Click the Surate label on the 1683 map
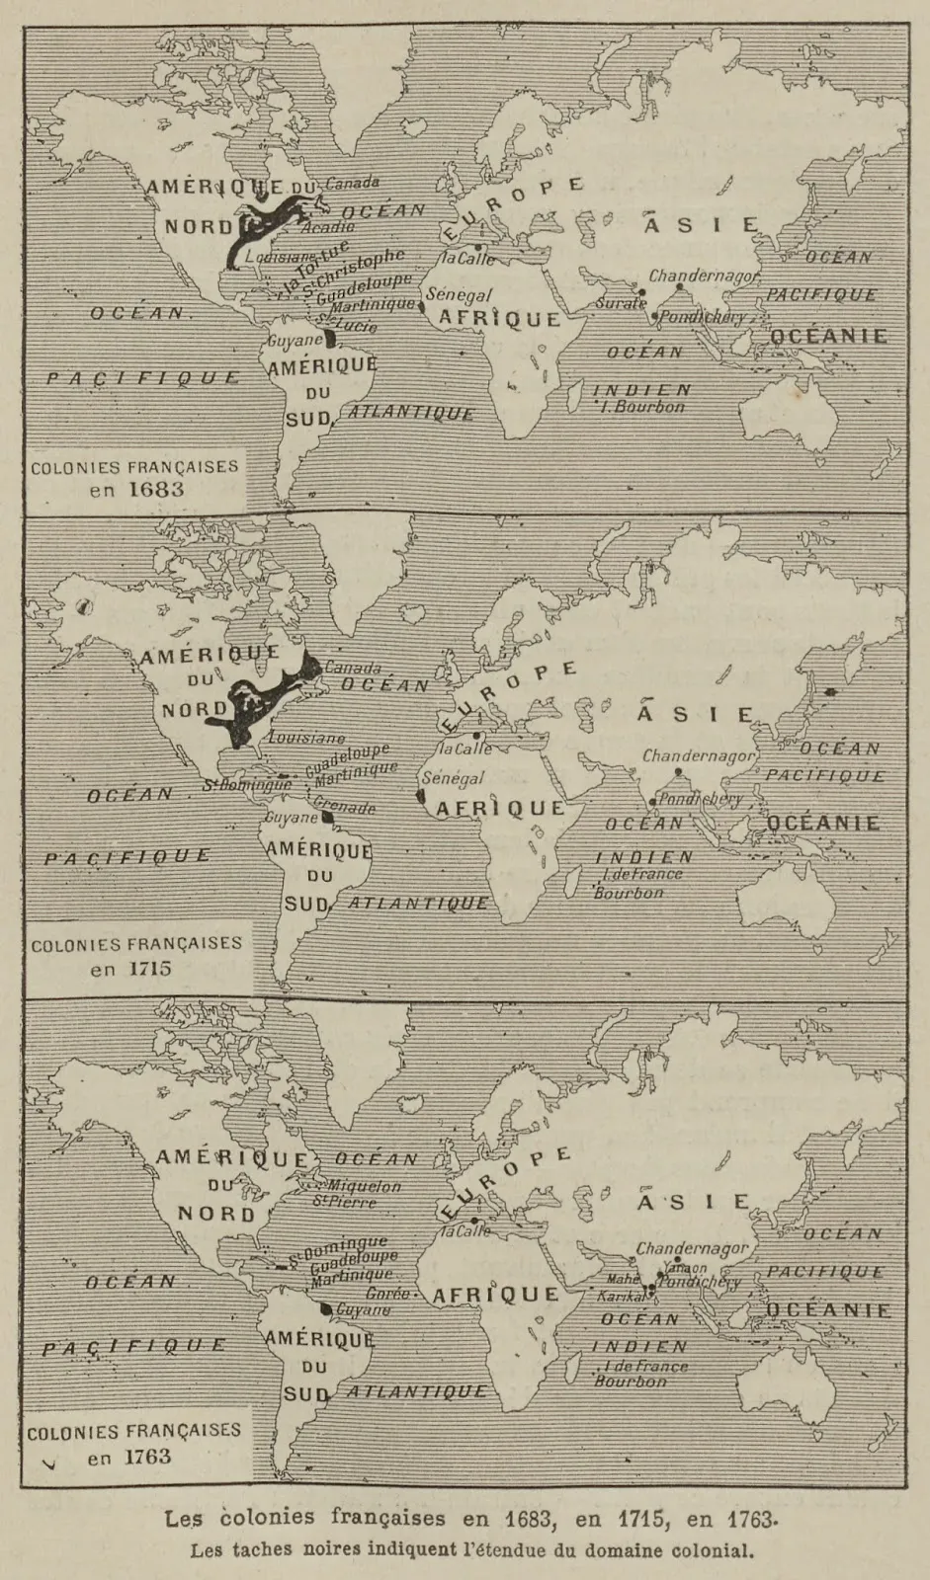pyautogui.click(x=620, y=303)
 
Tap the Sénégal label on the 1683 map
pyautogui.click(x=458, y=295)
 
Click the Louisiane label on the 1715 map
pyautogui.click(x=306, y=738)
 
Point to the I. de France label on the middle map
pyautogui.click(x=641, y=874)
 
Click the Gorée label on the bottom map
pyautogui.click(x=387, y=1294)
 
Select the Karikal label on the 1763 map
pyautogui.click(x=621, y=1297)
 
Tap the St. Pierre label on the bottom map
pyautogui.click(x=330, y=1202)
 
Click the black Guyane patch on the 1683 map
pyautogui.click(x=331, y=339)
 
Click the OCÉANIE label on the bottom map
pyautogui.click(x=828, y=1311)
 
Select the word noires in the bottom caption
pyautogui.click(x=326, y=1549)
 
